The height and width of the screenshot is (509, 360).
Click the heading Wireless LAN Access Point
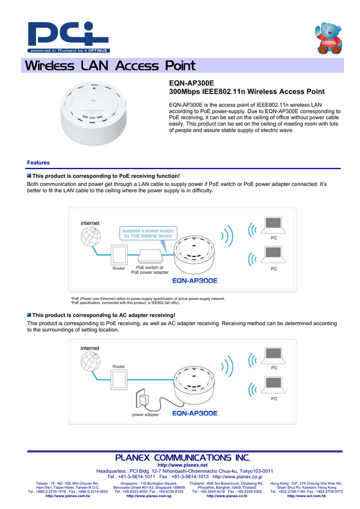[x=110, y=66]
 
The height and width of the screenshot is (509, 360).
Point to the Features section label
[x=38, y=163]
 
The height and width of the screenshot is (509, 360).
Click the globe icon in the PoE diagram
[x=90, y=239]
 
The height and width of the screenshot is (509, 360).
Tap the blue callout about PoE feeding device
[x=148, y=233]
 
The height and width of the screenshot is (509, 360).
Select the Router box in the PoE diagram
[x=119, y=255]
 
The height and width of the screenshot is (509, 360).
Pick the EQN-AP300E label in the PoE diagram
[x=195, y=280]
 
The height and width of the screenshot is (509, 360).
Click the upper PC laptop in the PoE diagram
[x=273, y=227]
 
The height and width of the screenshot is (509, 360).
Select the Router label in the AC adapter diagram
[x=119, y=366]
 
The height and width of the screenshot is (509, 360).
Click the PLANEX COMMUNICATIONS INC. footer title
[x=182, y=457]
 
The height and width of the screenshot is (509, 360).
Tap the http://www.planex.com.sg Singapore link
[x=149, y=496]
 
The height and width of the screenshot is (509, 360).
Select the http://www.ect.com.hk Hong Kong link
[x=306, y=496]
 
